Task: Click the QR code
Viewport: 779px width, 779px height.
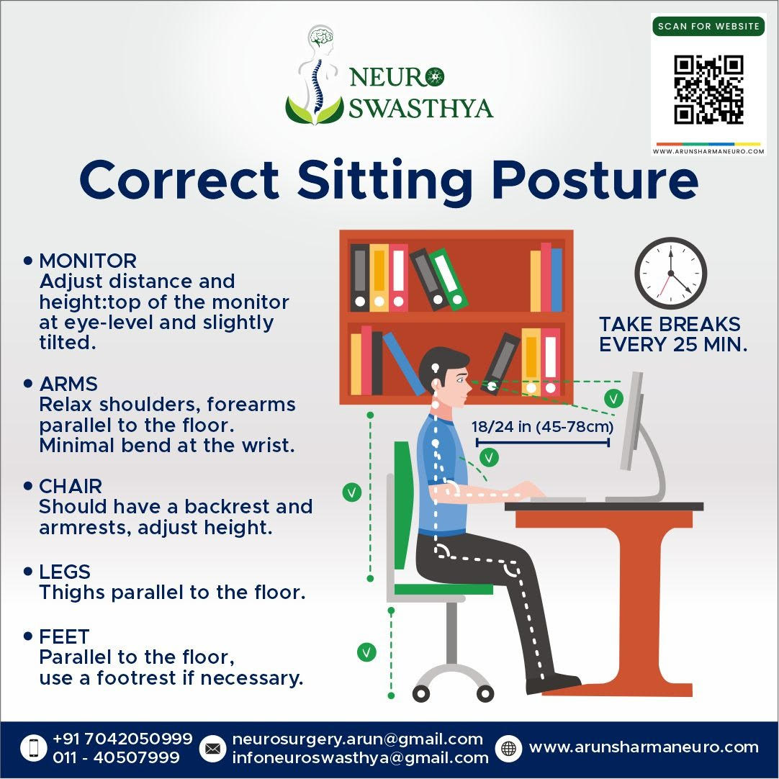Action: (x=708, y=89)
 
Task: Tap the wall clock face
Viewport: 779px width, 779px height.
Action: (x=671, y=274)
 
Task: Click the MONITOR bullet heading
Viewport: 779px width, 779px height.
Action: (x=88, y=261)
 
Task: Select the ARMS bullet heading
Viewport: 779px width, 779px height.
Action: (x=68, y=384)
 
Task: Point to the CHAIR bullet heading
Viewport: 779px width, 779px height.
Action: (x=71, y=486)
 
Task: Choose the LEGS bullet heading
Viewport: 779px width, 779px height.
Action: (x=65, y=572)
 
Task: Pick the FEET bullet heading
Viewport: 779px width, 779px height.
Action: (x=64, y=636)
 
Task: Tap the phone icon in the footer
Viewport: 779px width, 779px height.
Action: (x=34, y=748)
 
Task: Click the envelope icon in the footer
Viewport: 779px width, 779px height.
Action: (x=212, y=748)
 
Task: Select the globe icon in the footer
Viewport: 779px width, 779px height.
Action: (x=509, y=748)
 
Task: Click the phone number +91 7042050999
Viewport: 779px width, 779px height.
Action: (x=122, y=739)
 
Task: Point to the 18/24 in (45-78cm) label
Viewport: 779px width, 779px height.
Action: (x=543, y=426)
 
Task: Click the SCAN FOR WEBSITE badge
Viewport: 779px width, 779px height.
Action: (x=708, y=26)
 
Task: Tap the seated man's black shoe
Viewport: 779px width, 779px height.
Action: (x=553, y=683)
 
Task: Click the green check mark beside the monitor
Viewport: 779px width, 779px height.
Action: (x=613, y=398)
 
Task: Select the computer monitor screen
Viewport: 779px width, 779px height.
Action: (x=631, y=420)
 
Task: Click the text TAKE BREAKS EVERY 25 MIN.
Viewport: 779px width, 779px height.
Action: (x=672, y=334)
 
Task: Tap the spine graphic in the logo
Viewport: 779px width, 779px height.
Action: (x=315, y=84)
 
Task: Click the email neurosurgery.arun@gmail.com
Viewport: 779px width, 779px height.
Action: (x=357, y=739)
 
